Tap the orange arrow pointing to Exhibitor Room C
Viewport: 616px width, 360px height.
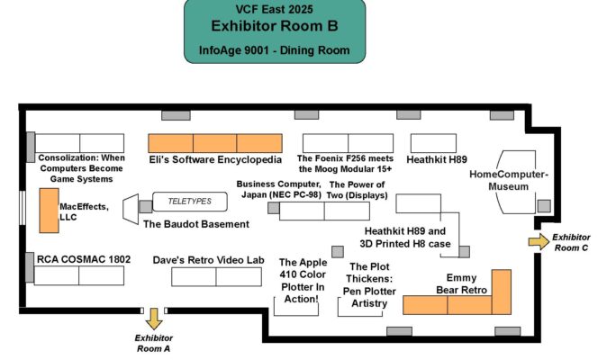pos(538,241)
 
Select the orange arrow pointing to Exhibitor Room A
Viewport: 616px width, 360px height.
pos(154,318)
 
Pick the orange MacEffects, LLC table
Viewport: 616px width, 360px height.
pos(49,211)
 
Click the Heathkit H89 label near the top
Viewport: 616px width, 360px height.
pos(437,159)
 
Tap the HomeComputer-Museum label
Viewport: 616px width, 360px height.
pos(509,180)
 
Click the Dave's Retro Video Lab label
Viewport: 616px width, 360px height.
pos(208,259)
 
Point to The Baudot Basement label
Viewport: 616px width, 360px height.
pos(190,224)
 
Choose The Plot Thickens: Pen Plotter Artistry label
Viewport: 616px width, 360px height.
pos(369,285)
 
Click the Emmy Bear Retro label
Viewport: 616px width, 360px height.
pos(467,283)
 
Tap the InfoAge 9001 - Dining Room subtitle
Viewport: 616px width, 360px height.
pos(275,52)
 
